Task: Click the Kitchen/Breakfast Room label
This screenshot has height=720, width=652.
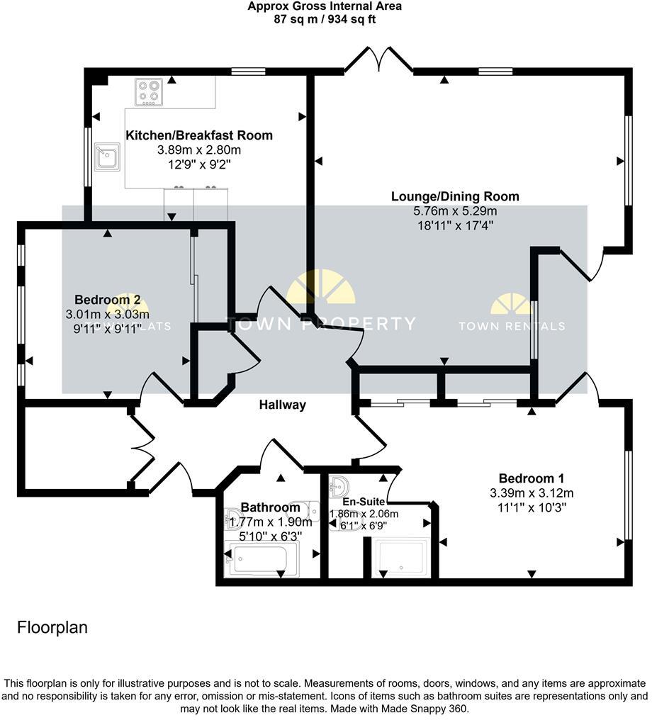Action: (x=198, y=135)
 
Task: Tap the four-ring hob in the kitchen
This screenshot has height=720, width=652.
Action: (x=150, y=92)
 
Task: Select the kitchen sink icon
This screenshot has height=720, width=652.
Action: (x=108, y=157)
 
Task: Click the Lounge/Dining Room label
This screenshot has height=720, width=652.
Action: (x=455, y=196)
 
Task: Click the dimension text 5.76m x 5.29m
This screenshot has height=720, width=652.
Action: (x=455, y=211)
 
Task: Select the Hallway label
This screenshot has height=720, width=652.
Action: (x=282, y=405)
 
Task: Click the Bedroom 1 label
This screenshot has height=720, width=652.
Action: (x=531, y=478)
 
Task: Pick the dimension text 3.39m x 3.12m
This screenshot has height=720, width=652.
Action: (x=531, y=493)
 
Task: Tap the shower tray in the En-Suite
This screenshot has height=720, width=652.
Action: (x=401, y=557)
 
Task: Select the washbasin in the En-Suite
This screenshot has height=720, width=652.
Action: (x=342, y=486)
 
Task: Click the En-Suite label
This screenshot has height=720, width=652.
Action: (x=364, y=502)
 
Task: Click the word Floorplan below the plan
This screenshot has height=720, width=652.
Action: (x=52, y=627)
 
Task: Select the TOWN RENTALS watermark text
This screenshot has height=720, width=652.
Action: (x=512, y=326)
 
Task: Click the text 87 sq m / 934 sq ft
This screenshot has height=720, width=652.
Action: (x=325, y=19)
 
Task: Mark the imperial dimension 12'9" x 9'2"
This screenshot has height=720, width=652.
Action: (x=198, y=164)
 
